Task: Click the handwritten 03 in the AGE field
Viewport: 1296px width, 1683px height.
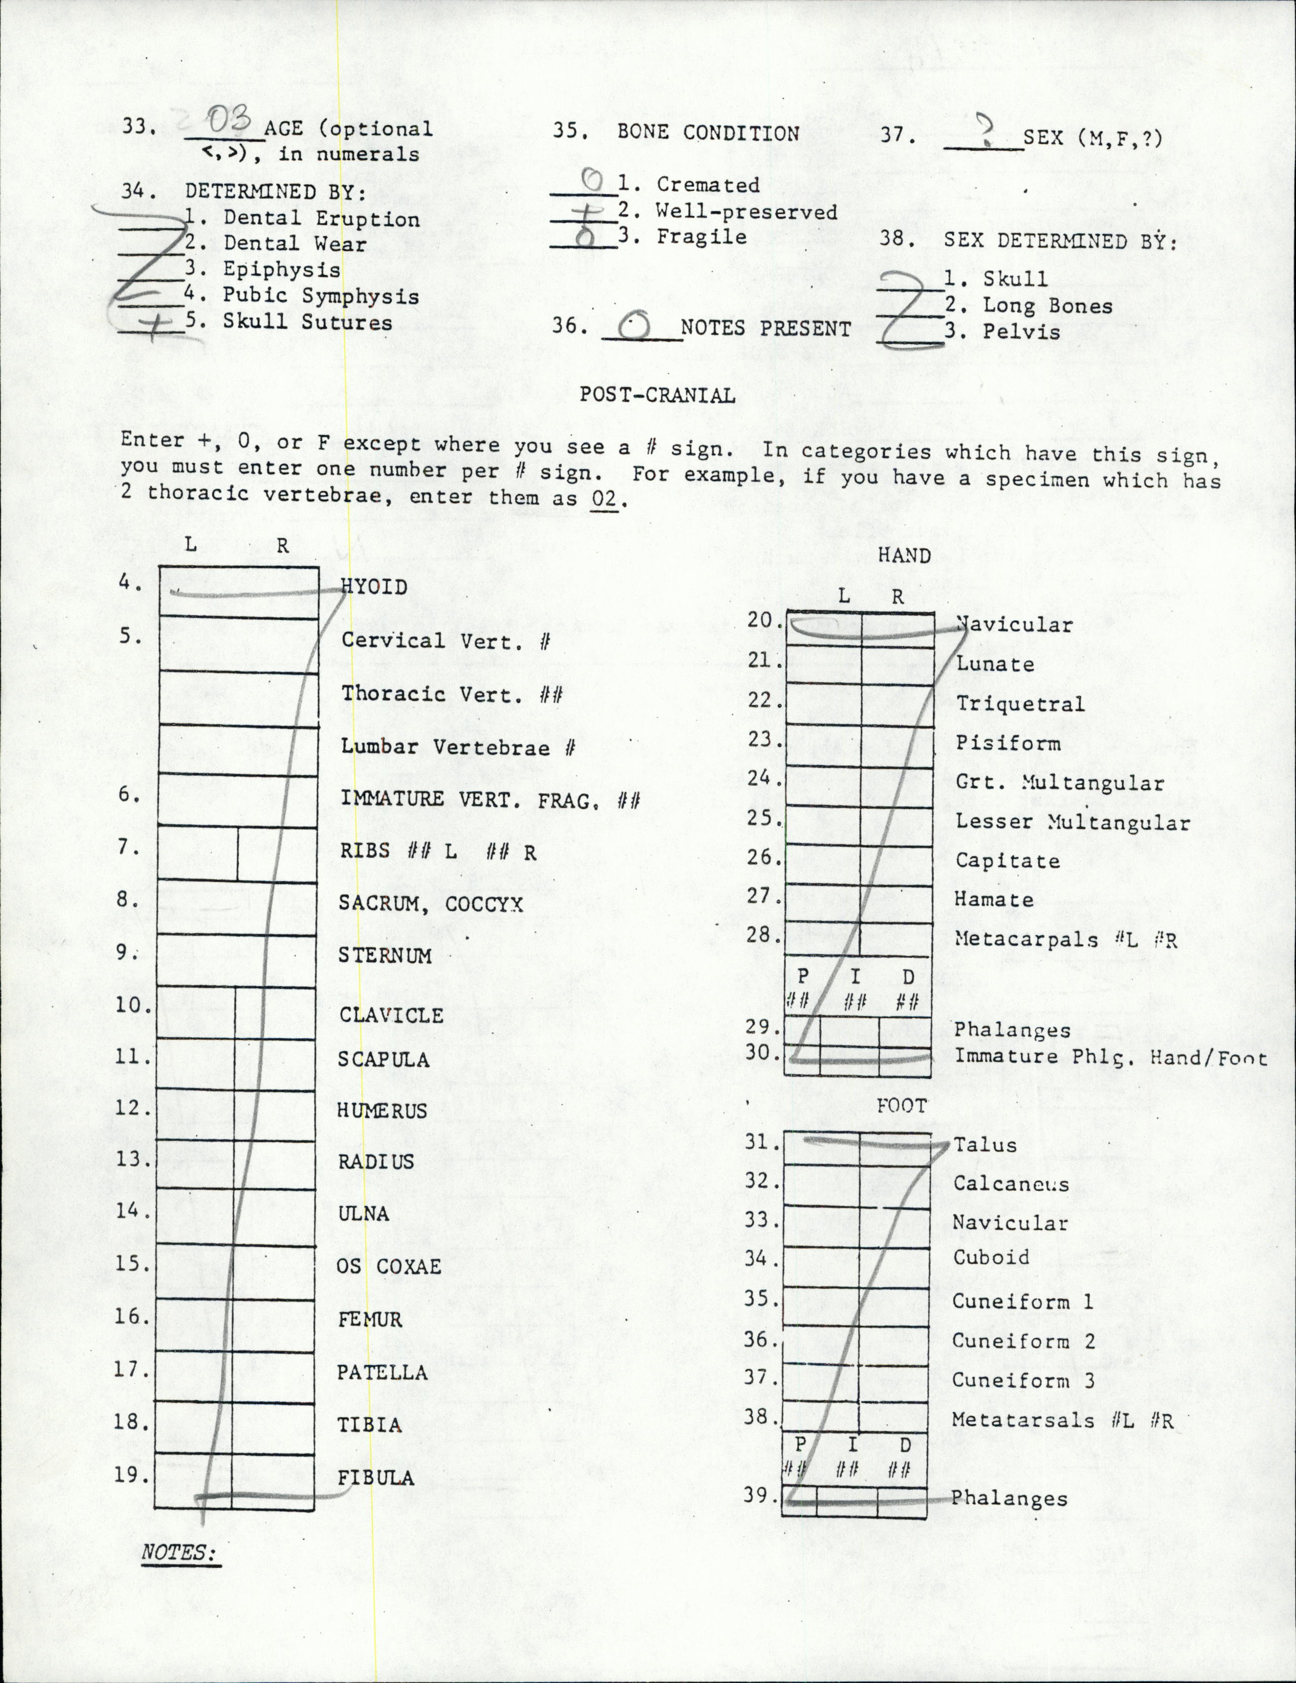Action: pyautogui.click(x=228, y=122)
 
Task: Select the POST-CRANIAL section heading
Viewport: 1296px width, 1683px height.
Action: pyautogui.click(x=657, y=395)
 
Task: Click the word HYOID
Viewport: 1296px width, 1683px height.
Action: pyautogui.click(x=375, y=587)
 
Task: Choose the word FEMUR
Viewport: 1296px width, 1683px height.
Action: pyautogui.click(x=370, y=1320)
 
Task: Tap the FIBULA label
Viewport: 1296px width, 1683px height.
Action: pyautogui.click(x=376, y=1478)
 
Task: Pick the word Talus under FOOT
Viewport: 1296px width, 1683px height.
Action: pyautogui.click(x=985, y=1145)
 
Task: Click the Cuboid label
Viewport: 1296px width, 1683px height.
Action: pyautogui.click(x=991, y=1257)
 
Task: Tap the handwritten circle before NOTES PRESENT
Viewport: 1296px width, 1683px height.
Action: pyautogui.click(x=634, y=327)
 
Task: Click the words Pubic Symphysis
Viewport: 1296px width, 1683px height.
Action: pyautogui.click(x=321, y=296)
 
